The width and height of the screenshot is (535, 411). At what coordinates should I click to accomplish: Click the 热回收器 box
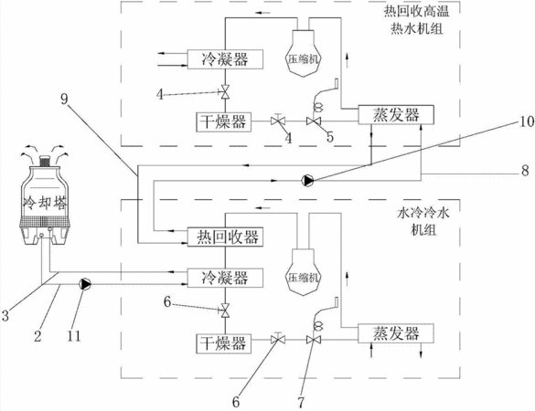click(x=225, y=237)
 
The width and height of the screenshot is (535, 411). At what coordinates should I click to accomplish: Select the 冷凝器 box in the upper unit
click(x=225, y=59)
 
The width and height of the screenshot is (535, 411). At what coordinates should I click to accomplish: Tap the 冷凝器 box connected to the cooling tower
click(x=225, y=278)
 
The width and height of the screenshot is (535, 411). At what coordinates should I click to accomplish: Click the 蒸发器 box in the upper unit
click(x=396, y=114)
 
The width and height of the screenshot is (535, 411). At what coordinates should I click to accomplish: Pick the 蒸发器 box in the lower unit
click(x=396, y=333)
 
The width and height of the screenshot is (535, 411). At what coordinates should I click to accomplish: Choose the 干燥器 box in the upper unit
click(x=223, y=121)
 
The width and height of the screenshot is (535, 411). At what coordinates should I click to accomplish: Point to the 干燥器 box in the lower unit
click(x=223, y=343)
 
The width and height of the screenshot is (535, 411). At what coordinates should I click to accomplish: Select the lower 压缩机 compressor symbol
click(x=304, y=272)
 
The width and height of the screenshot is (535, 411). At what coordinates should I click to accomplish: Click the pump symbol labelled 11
click(x=85, y=284)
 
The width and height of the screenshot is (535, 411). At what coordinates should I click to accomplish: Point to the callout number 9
click(x=64, y=100)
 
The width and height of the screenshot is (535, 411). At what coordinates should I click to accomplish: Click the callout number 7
click(x=301, y=403)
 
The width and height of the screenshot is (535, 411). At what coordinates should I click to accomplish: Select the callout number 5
click(x=330, y=137)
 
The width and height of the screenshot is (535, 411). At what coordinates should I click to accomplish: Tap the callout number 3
click(x=5, y=316)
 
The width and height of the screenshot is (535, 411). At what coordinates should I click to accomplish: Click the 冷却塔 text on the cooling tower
click(x=45, y=204)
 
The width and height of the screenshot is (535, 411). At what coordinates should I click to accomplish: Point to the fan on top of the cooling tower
click(x=46, y=161)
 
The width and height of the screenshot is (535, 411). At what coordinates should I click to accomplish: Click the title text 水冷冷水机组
click(x=423, y=221)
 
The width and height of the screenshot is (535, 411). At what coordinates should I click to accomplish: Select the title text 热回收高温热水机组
click(x=417, y=20)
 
